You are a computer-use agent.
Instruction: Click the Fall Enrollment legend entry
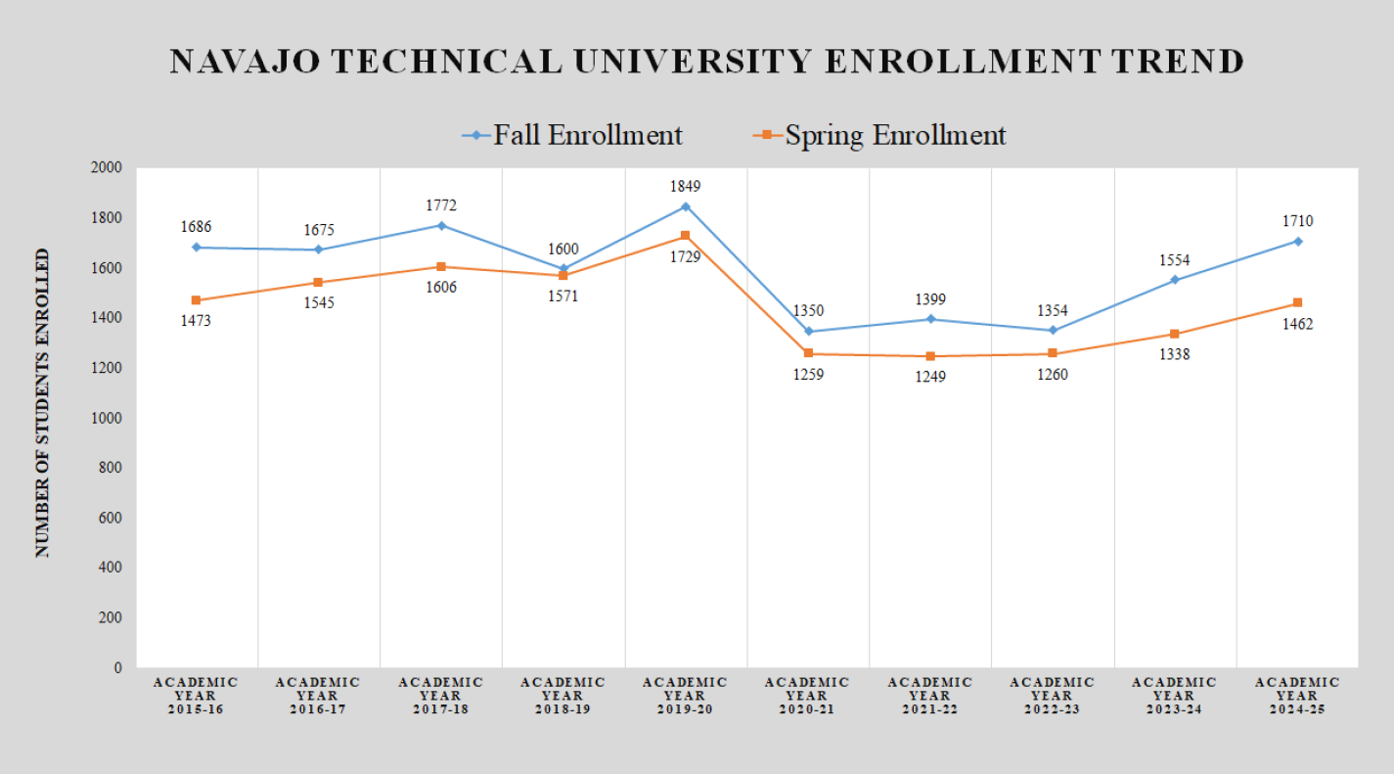coord(574,135)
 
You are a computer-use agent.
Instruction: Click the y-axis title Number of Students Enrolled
coord(43,403)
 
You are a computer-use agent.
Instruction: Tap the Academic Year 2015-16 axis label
coord(197,696)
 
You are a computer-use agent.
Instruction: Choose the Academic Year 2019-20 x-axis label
coord(686,696)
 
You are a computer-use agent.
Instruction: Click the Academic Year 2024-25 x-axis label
coord(1297,696)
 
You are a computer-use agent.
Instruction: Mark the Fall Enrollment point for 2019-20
coord(686,206)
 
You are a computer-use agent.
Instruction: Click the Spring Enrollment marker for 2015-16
coord(197,300)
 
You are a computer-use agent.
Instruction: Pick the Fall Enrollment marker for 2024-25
coord(1297,241)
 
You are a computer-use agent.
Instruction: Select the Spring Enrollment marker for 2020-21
coord(808,353)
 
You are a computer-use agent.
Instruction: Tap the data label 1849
coord(686,186)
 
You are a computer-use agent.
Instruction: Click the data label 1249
coord(930,377)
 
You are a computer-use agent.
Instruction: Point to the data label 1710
coord(1297,221)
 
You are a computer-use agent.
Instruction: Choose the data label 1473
coord(197,322)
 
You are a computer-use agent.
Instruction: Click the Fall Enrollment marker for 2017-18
coord(441,225)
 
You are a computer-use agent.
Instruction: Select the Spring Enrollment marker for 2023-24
coord(1175,334)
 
